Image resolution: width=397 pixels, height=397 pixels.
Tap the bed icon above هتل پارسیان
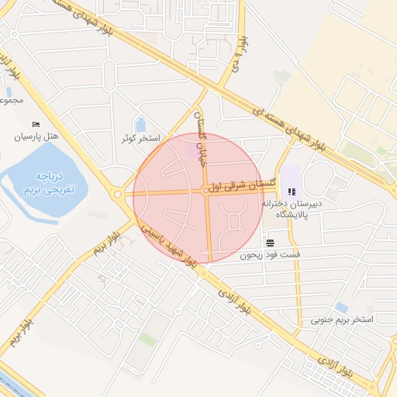point(36,124)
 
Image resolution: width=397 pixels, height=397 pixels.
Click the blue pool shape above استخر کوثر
point(141,124)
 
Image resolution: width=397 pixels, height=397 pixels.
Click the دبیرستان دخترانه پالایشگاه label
point(291,209)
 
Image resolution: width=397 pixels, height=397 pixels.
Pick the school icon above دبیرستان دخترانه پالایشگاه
point(292,192)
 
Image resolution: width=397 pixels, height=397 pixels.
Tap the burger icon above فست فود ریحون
point(269,240)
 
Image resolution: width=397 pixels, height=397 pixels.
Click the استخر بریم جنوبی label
point(342,319)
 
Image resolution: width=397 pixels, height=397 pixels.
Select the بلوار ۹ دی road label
point(243,54)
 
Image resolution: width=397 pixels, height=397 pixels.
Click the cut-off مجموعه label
point(12,99)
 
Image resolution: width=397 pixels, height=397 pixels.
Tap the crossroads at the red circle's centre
point(208,191)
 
